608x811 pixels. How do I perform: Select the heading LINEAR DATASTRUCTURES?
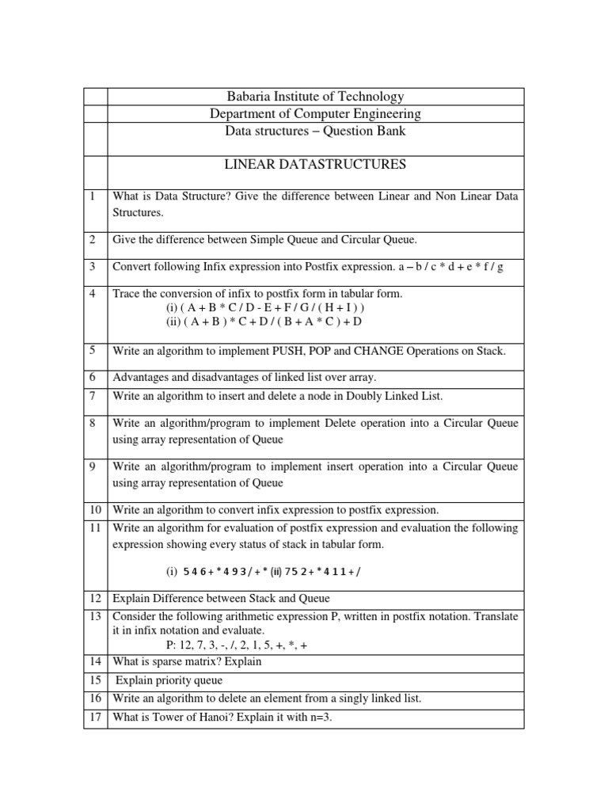pos(315,165)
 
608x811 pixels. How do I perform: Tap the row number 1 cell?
pos(94,196)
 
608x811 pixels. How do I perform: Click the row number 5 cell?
pos(94,350)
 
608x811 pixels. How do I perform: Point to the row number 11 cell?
pos(94,527)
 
